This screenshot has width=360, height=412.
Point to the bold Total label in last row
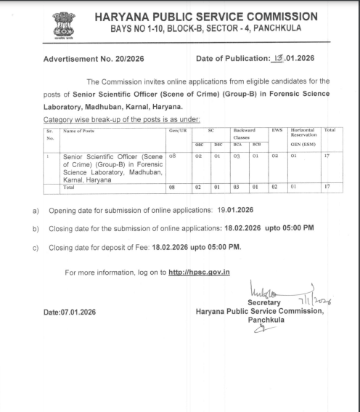click(x=73, y=186)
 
